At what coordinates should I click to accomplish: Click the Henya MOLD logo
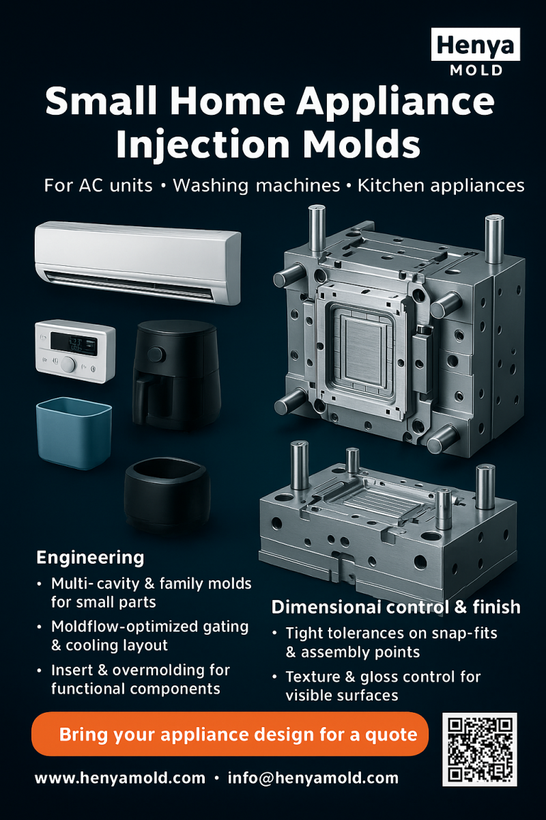[476, 52]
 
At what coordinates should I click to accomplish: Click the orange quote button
[229, 735]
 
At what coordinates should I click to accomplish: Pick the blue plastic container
[73, 434]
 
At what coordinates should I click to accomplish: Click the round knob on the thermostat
[68, 364]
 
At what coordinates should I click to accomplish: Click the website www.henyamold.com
[119, 778]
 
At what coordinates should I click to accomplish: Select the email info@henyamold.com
[313, 778]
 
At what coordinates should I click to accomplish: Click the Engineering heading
[89, 558]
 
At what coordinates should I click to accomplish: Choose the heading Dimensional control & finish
[396, 607]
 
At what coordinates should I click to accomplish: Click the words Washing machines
[256, 185]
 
